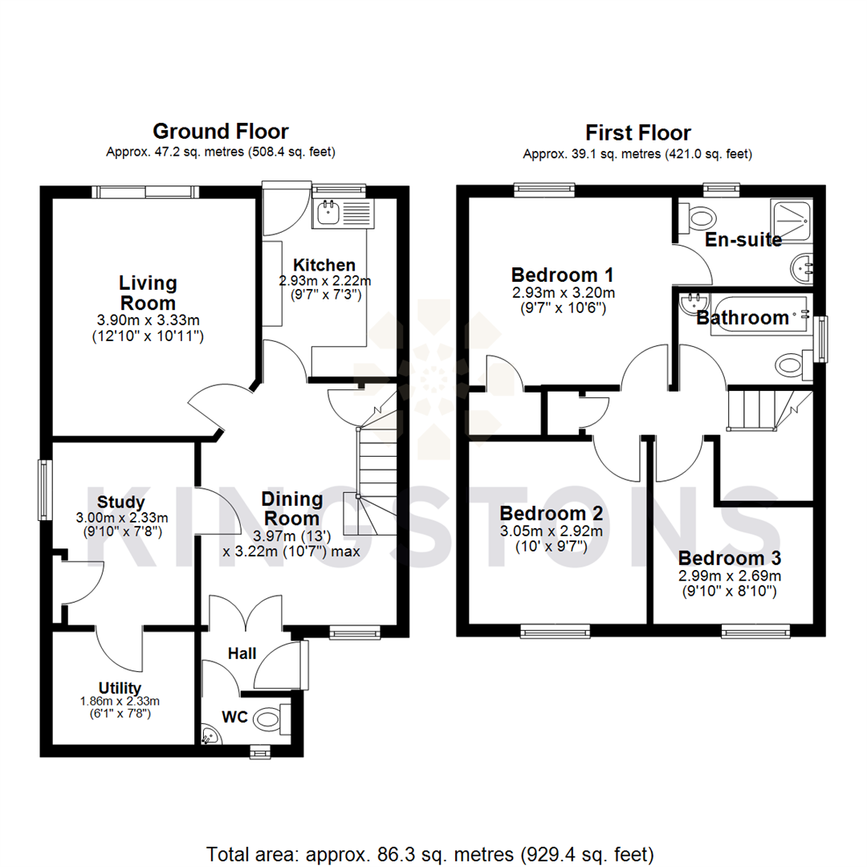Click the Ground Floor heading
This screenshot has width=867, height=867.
[221, 132]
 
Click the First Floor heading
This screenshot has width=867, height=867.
[638, 132]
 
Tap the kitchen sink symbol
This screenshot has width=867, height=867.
[328, 213]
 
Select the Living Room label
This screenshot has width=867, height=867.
[148, 293]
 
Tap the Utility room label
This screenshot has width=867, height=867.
[120, 687]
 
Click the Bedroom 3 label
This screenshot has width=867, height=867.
[730, 558]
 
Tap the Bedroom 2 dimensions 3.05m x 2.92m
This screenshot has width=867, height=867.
[551, 531]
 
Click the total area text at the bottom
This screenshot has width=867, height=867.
[430, 853]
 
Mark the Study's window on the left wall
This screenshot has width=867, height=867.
[46, 490]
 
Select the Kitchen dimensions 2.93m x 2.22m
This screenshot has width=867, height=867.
[324, 281]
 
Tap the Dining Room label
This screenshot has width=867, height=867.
[292, 509]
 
